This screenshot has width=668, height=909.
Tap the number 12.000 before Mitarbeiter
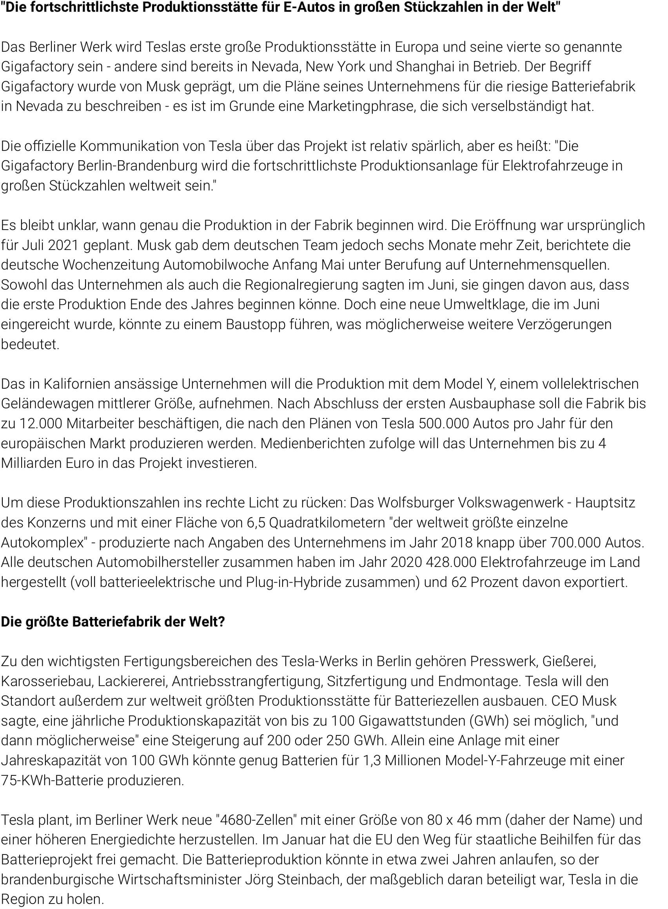tap(41, 423)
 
